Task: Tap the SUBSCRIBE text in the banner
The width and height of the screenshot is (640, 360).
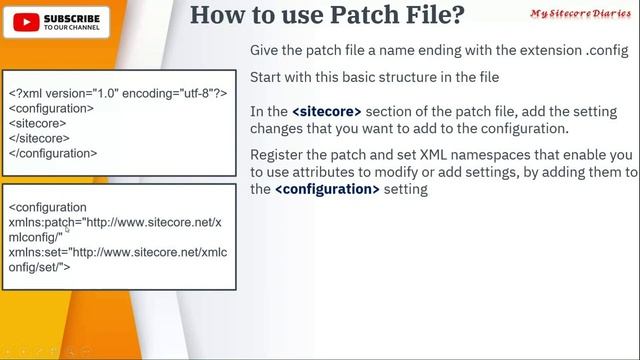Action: [72, 18]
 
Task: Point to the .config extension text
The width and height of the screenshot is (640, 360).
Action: [607, 50]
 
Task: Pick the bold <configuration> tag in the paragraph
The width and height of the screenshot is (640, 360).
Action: [327, 189]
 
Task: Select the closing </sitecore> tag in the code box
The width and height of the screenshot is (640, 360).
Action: [40, 138]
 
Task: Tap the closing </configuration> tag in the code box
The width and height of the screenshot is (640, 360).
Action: [53, 153]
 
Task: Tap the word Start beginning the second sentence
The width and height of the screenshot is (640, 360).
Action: [267, 78]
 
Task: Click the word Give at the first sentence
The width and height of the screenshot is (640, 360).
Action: [266, 50]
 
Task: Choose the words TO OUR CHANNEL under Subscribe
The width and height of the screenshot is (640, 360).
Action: [72, 28]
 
